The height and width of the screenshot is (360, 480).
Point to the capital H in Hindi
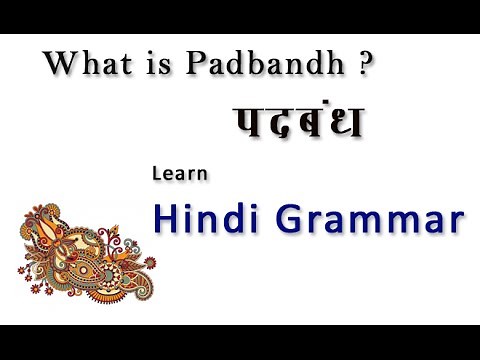pyautogui.click(x=165, y=217)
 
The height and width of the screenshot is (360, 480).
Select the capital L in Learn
pyautogui.click(x=157, y=173)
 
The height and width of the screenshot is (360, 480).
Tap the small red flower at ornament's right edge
pyautogui.click(x=150, y=262)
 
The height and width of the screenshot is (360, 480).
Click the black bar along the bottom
pyautogui.click(x=240, y=342)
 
